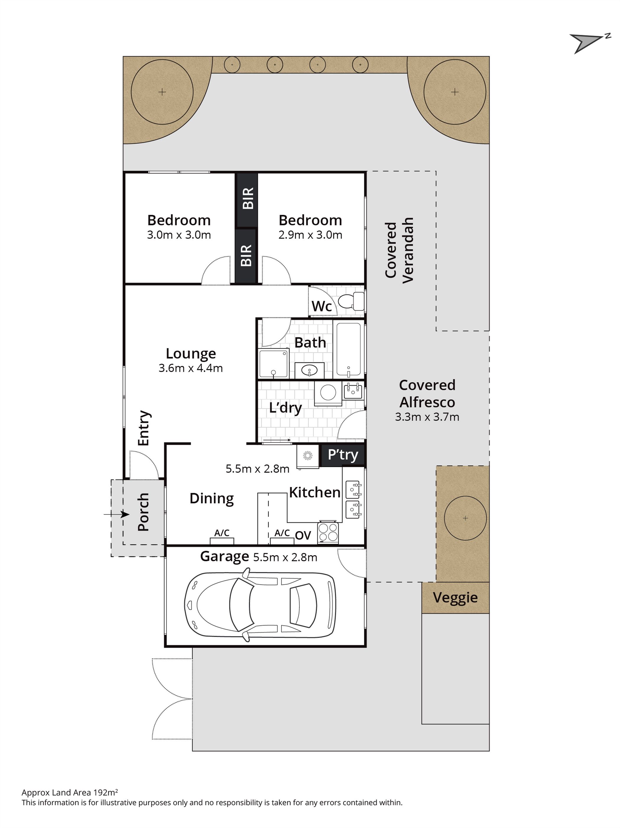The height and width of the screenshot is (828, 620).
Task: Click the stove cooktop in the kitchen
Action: [328, 532]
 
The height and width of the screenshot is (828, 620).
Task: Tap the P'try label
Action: [343, 455]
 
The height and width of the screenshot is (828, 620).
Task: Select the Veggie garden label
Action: [455, 598]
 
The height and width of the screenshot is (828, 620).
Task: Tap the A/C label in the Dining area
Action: [222, 533]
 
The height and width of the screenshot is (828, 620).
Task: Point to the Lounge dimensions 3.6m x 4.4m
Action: [190, 368]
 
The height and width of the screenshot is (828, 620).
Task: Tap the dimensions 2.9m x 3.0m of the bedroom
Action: [310, 235]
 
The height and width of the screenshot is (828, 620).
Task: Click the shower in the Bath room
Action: [274, 363]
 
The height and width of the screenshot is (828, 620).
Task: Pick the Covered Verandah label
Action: [399, 250]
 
